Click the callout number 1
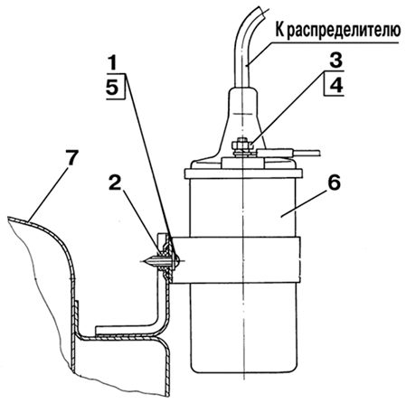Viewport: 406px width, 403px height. pos(112,63)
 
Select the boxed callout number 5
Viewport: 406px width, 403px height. pos(113,88)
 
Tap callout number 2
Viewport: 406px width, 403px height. pos(115,183)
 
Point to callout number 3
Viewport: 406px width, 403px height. pos(335,61)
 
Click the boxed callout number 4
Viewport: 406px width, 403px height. pos(336,85)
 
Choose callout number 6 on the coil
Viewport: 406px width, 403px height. pos(334,183)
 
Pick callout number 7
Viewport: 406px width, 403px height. pos(72,158)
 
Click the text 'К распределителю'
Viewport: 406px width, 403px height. pos(338,31)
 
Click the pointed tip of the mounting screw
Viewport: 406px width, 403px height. pos(143,261)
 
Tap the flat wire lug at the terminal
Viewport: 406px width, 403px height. pos(274,153)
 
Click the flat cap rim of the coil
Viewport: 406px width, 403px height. pos(243,173)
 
